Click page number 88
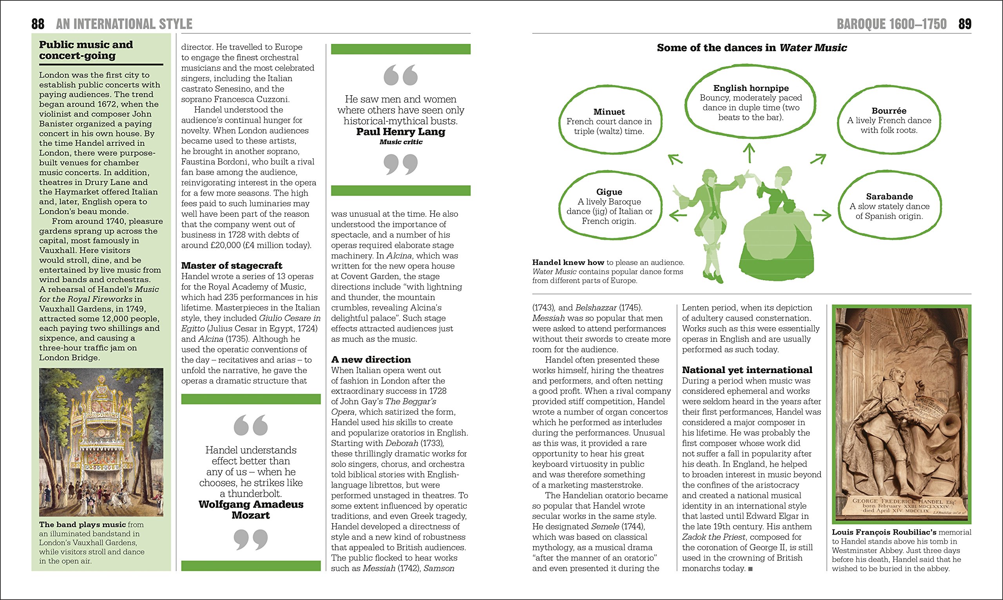click(38, 24)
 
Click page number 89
click(965, 24)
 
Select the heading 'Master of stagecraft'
click(232, 266)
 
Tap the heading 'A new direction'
click(371, 359)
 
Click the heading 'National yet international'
click(747, 370)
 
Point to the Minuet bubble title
click(609, 112)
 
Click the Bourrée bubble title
click(889, 111)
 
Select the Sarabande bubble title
click(889, 196)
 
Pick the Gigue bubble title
click(609, 192)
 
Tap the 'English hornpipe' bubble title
click(751, 88)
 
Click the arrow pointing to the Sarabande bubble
click(822, 215)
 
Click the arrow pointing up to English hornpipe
click(749, 153)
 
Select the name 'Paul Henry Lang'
click(400, 132)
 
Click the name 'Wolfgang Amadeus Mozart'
click(251, 510)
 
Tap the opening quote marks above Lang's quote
click(400, 75)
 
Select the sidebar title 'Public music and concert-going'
click(86, 50)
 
